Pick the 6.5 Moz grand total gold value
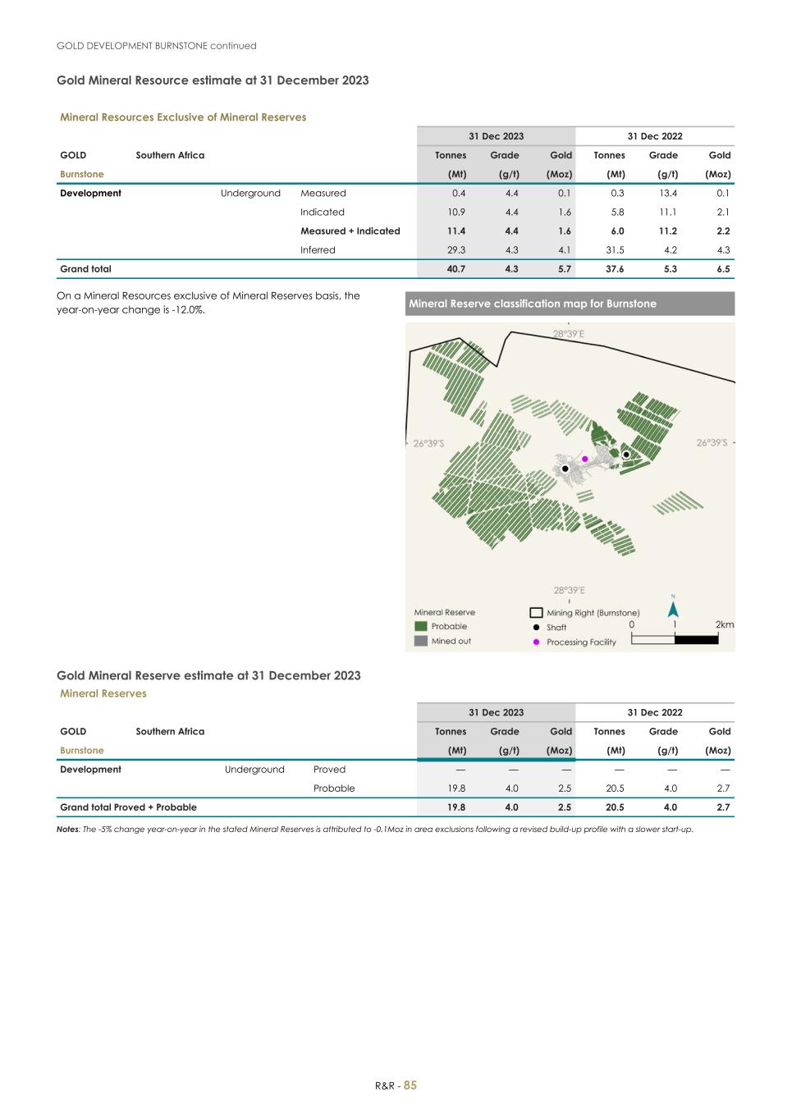click(x=722, y=269)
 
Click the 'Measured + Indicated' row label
click(x=350, y=231)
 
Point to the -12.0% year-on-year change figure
click(x=185, y=310)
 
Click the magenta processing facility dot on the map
click(x=585, y=459)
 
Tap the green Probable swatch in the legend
click(x=420, y=626)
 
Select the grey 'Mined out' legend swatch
click(x=420, y=641)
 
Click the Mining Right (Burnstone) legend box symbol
click(x=536, y=613)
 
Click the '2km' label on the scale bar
click(x=724, y=624)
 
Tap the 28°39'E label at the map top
click(x=568, y=334)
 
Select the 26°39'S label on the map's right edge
click(x=712, y=443)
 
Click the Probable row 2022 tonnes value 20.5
click(x=609, y=789)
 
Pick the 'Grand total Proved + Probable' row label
click(x=128, y=807)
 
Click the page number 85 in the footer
click(x=410, y=1086)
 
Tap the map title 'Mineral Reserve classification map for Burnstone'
click(x=533, y=304)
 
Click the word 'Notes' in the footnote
click(x=68, y=830)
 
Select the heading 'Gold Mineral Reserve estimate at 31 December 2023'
click(x=208, y=676)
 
